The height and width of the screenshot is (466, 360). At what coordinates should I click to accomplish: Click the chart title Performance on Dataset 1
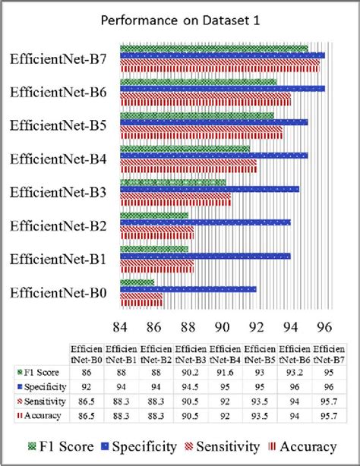coord(180,20)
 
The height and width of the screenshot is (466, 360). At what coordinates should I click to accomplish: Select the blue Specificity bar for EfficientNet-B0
coord(188,289)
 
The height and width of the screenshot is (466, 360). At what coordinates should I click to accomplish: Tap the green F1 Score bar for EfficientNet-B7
coord(214,49)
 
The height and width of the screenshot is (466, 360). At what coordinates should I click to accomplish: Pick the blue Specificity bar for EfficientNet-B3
coord(210,189)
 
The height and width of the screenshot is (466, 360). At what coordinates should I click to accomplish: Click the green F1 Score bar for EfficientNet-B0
coord(137,282)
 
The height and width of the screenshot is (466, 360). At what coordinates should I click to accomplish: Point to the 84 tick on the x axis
coord(120,327)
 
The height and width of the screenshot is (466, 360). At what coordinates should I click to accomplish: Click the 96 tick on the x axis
coord(324,327)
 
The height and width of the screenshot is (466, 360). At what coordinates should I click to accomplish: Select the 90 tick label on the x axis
coord(223,327)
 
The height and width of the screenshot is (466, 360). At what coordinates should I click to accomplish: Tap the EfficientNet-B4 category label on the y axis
coord(58,159)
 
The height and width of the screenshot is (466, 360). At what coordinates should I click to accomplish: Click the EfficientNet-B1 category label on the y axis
coord(58,259)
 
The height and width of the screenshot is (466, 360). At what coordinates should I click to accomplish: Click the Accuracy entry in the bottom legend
coord(302,446)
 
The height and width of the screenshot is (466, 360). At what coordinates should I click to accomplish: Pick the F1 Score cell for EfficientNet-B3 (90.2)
coord(191,373)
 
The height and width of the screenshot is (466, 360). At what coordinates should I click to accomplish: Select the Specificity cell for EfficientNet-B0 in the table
coord(87,387)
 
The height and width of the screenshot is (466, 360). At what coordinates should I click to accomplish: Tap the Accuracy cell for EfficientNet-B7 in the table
coord(329,416)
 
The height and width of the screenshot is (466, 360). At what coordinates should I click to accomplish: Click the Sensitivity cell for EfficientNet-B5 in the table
coord(260,401)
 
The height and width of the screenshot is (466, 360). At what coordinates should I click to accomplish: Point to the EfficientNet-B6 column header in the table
coord(294,354)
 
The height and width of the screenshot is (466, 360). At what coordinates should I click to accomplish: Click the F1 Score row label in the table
coord(39,373)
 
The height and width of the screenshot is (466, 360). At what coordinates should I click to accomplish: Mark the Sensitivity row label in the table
coord(42,401)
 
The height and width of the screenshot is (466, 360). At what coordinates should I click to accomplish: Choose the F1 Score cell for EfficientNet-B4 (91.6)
coord(225,373)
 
